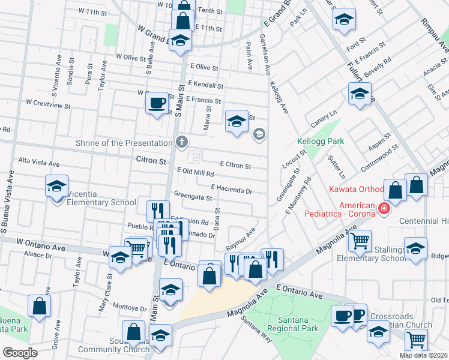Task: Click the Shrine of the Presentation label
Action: click(124, 143)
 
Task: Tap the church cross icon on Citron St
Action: click(182, 142)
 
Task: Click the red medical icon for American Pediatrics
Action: click(384, 209)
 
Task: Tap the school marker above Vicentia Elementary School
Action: click(56, 186)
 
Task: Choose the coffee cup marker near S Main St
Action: click(157, 103)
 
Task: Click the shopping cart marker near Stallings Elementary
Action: click(360, 241)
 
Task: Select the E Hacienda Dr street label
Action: click(231, 190)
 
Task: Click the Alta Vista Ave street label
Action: click(39, 163)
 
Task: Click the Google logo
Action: click(19, 353)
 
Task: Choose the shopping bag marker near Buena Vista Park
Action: click(39, 306)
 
